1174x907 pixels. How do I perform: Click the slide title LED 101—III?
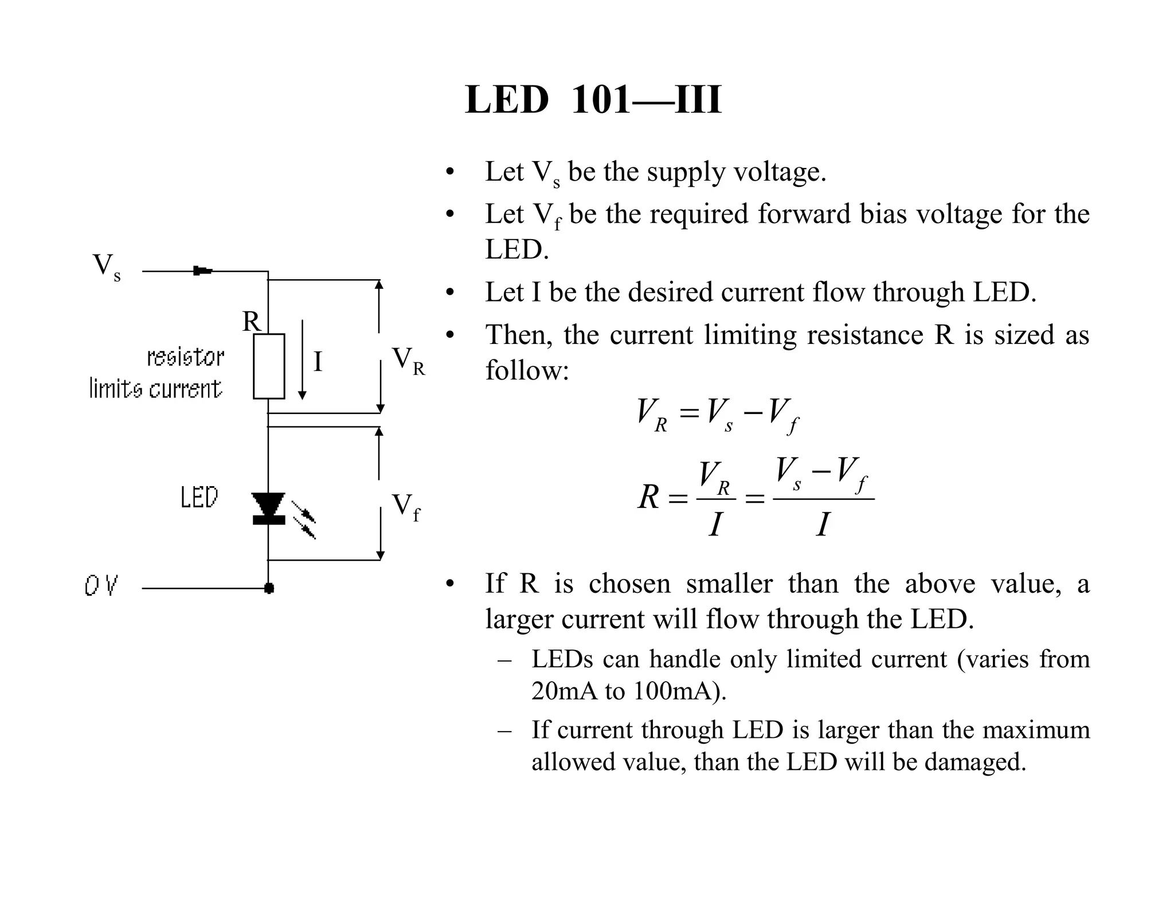point(593,100)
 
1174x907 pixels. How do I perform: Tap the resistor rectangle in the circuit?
point(269,366)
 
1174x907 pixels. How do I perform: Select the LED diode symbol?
point(269,508)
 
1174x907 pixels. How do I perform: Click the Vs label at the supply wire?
point(107,267)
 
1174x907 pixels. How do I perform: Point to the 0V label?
point(101,586)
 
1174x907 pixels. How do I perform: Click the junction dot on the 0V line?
point(269,588)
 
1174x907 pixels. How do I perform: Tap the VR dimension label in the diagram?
point(408,361)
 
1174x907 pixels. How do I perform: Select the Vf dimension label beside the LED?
point(405,507)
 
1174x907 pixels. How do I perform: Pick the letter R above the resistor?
point(251,322)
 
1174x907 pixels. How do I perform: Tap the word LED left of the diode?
point(199,497)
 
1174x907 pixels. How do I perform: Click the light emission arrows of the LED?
point(304,519)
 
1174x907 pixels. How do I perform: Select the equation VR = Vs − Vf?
point(717,414)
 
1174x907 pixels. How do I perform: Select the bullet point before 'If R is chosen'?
point(450,584)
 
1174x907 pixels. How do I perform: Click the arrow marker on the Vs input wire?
point(202,271)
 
